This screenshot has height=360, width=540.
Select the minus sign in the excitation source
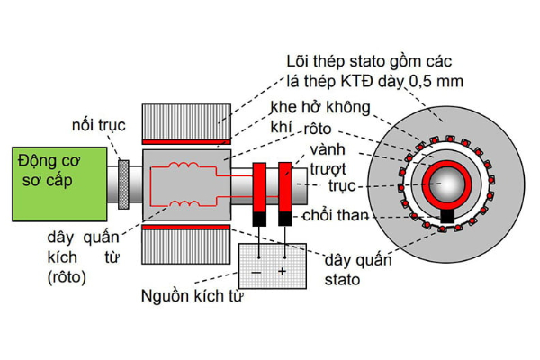257,270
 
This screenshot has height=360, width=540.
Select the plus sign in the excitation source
282,270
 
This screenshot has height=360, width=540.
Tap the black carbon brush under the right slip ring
285,219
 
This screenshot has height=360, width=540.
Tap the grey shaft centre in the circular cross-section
447,186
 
